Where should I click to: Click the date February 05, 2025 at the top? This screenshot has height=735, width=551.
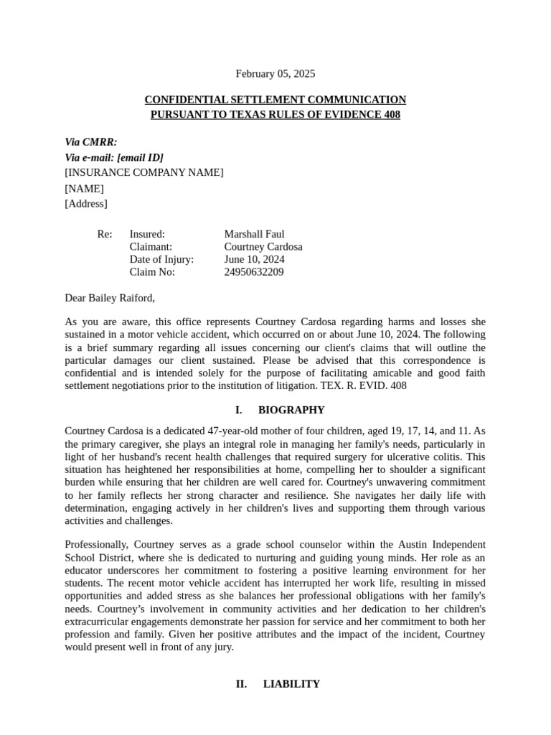click(275, 74)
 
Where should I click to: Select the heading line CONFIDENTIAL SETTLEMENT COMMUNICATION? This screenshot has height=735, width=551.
click(275, 100)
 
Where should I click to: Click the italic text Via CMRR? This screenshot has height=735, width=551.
click(91, 142)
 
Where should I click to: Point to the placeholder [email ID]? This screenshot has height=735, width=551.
click(140, 157)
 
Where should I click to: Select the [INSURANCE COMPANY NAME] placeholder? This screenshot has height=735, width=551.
click(143, 172)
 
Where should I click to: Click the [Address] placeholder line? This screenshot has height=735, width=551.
click(86, 204)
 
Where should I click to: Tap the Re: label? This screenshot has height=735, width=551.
click(105, 234)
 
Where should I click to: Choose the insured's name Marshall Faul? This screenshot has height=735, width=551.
click(254, 234)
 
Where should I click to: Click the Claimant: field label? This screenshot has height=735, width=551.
click(151, 247)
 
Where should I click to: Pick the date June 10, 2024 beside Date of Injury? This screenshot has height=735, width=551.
click(254, 259)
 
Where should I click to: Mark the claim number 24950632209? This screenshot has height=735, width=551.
click(253, 272)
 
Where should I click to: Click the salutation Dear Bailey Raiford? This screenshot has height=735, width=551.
click(110, 298)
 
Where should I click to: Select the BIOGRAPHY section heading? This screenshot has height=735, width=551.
click(291, 410)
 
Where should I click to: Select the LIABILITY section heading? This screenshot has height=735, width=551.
click(291, 684)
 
